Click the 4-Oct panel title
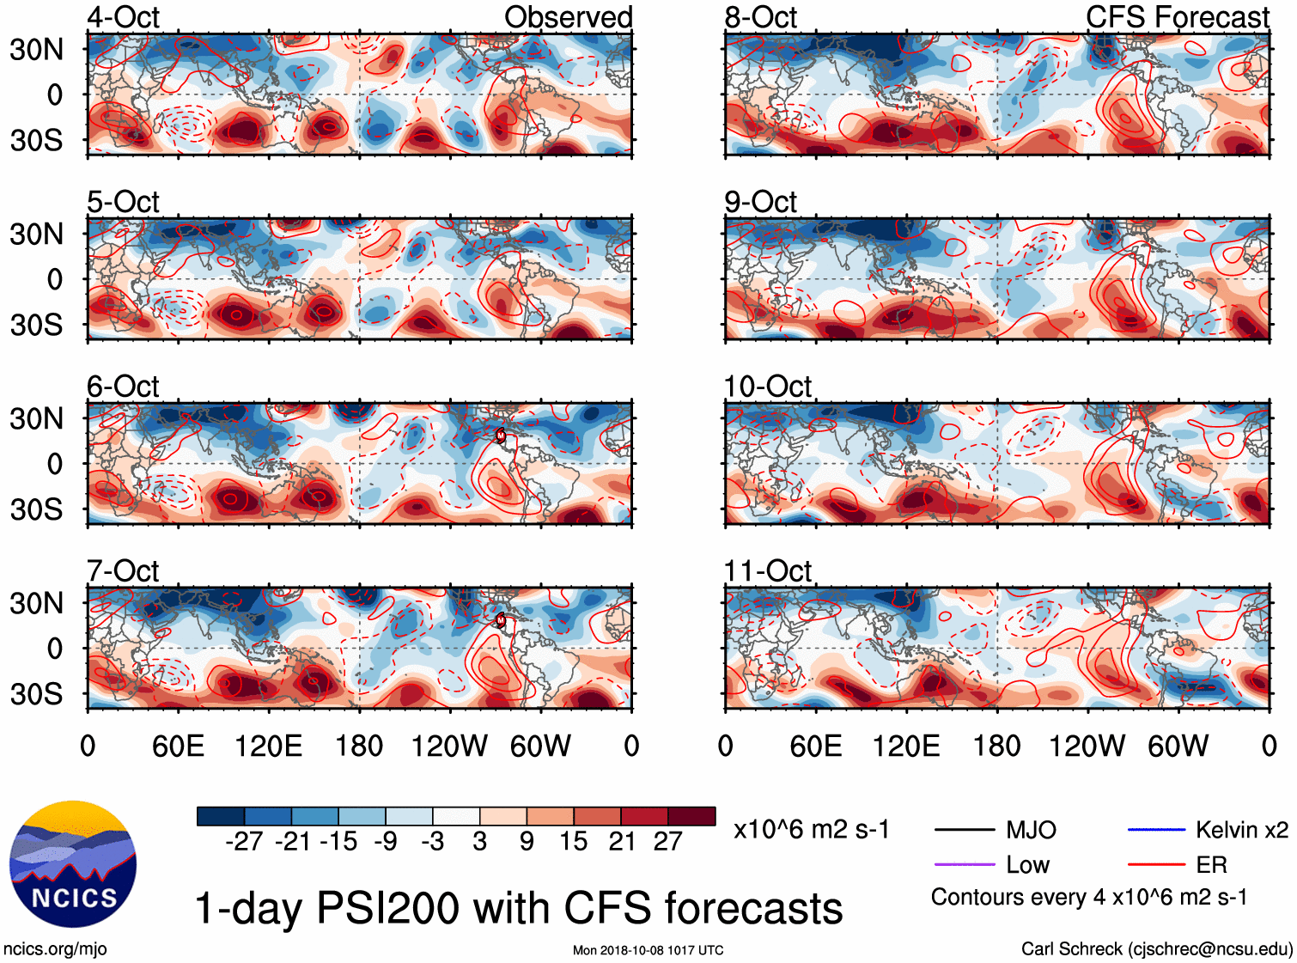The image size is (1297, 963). [123, 17]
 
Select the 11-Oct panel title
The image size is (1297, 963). [767, 570]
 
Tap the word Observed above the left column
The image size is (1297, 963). [568, 17]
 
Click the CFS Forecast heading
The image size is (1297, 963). [1177, 17]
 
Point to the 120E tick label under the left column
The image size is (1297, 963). [268, 746]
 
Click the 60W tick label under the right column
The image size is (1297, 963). [1178, 746]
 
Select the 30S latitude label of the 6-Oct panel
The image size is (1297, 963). [36, 509]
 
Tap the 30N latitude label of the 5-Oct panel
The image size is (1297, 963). [36, 234]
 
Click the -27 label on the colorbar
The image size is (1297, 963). [244, 842]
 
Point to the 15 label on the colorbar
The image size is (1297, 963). [574, 842]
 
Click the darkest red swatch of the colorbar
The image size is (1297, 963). [691, 816]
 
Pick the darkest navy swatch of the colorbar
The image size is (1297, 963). [221, 816]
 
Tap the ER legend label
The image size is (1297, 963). [1211, 864]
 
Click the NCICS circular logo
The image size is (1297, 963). [73, 863]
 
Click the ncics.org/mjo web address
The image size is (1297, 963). [55, 949]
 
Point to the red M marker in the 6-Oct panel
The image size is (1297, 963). [501, 436]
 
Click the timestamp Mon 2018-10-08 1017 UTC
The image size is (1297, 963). [648, 950]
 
